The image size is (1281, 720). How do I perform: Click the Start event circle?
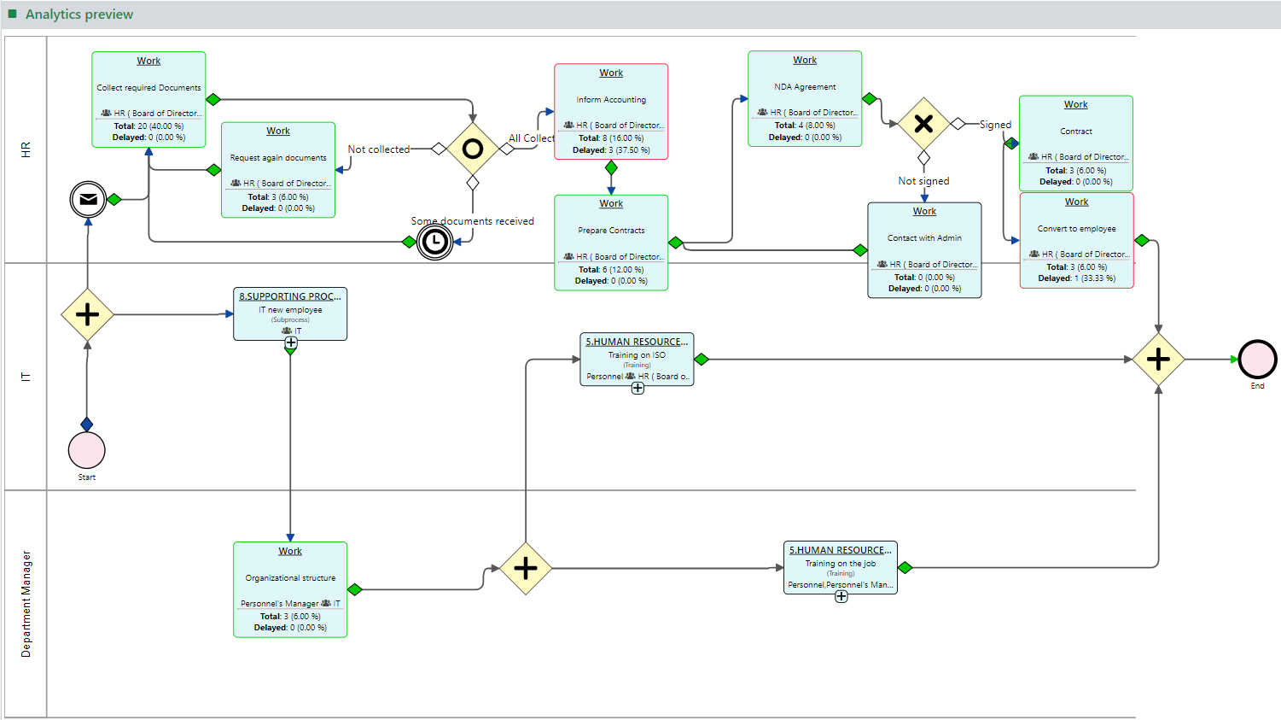[x=87, y=450]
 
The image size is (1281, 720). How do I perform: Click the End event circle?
[x=1257, y=360]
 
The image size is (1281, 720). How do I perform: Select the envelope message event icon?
[x=88, y=200]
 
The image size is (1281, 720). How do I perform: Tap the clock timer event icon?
[x=435, y=243]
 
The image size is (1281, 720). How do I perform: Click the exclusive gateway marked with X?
[x=923, y=124]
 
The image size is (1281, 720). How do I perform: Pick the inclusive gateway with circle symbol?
[x=472, y=149]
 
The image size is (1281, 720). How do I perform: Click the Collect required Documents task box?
[x=148, y=99]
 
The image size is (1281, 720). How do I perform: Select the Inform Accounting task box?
[x=611, y=111]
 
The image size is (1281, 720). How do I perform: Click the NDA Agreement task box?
[x=805, y=98]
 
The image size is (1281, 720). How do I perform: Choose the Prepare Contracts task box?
[x=611, y=243]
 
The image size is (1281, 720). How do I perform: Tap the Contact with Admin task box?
[x=924, y=250]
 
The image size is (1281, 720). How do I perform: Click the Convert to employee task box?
[x=1076, y=240]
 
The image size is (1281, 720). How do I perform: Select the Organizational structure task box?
[x=290, y=589]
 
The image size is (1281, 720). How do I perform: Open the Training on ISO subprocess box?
[x=637, y=359]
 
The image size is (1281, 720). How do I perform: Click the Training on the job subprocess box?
[x=841, y=567]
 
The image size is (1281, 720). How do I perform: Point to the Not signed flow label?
[x=923, y=181]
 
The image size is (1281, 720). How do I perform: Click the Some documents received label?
[x=473, y=221]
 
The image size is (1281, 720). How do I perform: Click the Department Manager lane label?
[x=26, y=604]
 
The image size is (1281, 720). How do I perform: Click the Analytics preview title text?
[x=79, y=15]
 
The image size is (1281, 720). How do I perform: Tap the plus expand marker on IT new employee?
[x=291, y=342]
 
